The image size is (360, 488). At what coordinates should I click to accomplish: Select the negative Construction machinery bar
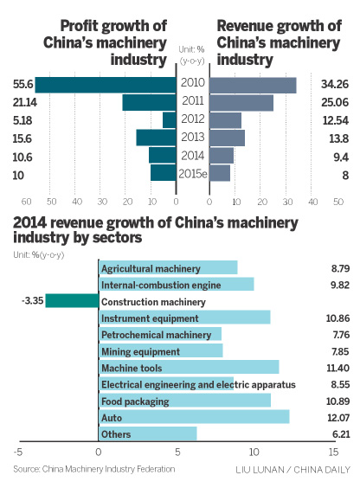[x=72, y=301]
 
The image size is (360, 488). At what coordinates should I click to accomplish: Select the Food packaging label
[x=135, y=401]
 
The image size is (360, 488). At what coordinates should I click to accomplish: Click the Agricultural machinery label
[x=151, y=269]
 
